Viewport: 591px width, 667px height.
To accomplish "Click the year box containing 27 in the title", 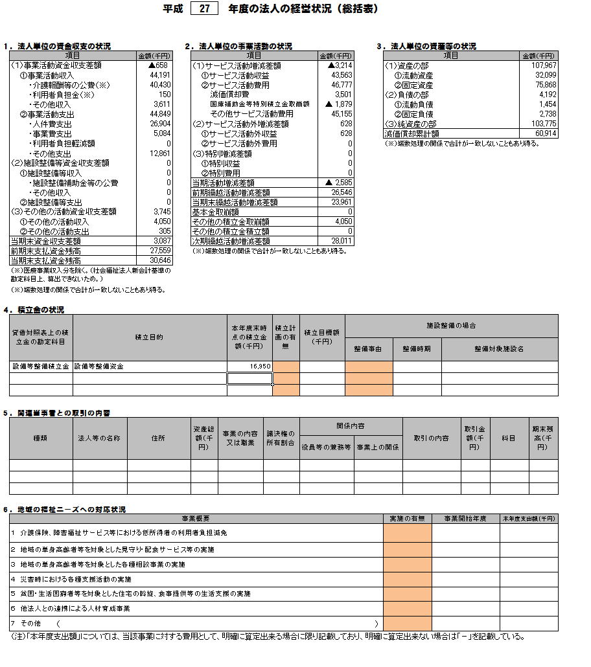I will point(205,9).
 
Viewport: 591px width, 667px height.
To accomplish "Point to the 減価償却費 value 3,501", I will point(342,95).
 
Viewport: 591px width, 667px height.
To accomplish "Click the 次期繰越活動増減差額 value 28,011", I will point(342,241).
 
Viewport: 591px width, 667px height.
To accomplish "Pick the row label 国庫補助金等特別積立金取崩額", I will point(259,104).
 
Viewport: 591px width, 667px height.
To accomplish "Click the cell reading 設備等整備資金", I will point(98,367).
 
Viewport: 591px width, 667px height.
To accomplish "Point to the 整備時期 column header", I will point(417,348).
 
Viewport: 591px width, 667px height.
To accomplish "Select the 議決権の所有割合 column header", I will point(280,438).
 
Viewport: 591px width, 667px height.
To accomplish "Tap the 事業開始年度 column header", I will point(465,519).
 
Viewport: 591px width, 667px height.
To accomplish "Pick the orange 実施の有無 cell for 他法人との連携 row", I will point(407,609).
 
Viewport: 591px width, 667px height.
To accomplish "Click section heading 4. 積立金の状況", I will point(34,310).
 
